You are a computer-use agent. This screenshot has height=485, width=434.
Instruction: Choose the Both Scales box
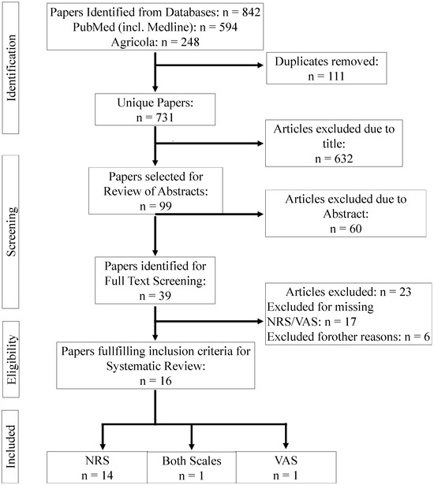[192, 465]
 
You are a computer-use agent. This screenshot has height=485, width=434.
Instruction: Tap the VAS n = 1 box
[282, 465]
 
